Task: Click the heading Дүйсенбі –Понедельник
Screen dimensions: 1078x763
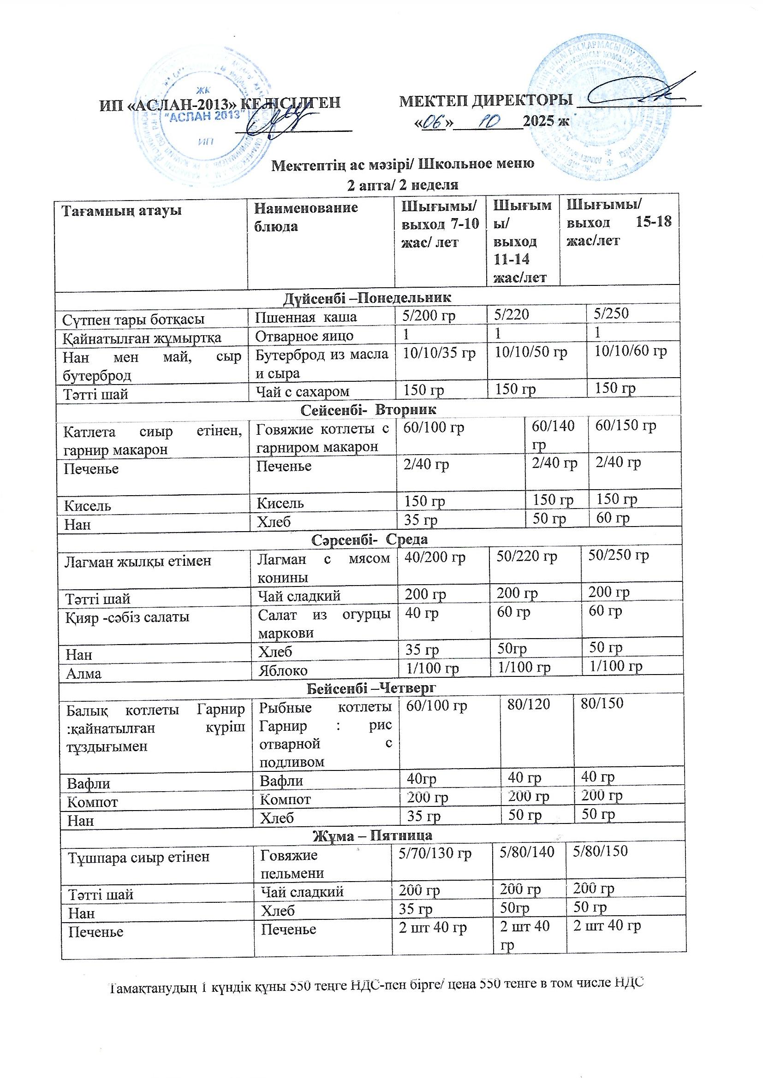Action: pyautogui.click(x=367, y=298)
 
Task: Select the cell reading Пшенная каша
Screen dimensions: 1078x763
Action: pyautogui.click(x=306, y=317)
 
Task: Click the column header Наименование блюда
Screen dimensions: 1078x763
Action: pyautogui.click(x=306, y=217)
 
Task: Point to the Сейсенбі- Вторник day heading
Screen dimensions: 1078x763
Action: pyautogui.click(x=368, y=409)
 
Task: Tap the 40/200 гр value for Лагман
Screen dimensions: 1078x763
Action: pyautogui.click(x=435, y=557)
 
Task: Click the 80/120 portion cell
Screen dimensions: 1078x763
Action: pyautogui.click(x=528, y=704)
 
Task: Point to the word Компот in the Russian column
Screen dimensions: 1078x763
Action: pyautogui.click(x=285, y=799)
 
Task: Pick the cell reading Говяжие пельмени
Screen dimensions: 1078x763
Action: pyautogui.click(x=292, y=864)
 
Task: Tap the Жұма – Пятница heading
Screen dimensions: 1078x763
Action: pyautogui.click(x=373, y=836)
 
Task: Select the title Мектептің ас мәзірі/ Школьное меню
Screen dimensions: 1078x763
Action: pyautogui.click(x=403, y=164)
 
